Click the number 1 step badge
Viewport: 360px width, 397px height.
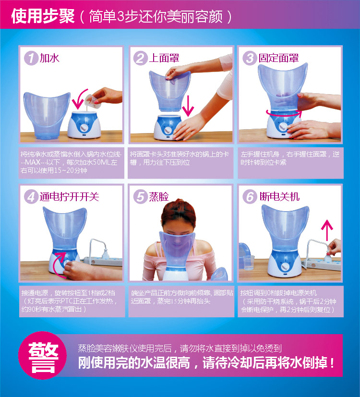31,58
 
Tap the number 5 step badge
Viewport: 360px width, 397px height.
140,197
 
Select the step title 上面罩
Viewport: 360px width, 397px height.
164,58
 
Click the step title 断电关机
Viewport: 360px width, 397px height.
279,196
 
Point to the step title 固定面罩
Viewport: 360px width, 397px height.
278,58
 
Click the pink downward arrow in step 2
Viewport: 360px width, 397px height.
188,106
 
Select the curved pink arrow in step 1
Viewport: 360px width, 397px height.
79,99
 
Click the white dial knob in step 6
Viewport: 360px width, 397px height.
286,266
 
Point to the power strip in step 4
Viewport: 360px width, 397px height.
103,261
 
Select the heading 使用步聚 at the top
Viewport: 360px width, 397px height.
43,16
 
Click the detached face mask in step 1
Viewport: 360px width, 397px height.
47,116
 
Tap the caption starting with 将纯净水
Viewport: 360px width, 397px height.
71,162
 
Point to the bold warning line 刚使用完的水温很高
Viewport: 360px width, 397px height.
206,363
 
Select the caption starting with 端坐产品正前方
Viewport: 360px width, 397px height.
182,297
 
